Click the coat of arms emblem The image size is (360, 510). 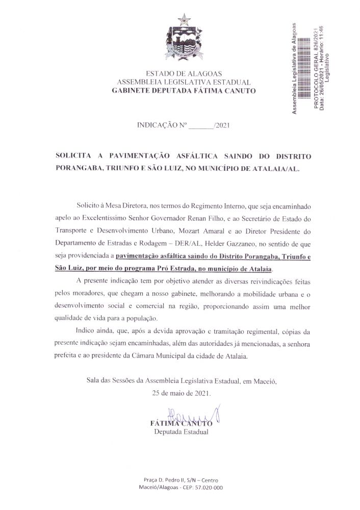pos(184,43)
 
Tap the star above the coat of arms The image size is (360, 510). pos(184,20)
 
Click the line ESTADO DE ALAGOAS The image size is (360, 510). pos(184,73)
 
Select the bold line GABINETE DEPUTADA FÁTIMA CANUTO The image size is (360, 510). pos(184,91)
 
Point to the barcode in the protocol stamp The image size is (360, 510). pos(304,69)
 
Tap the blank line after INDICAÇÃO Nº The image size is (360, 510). pos(202,125)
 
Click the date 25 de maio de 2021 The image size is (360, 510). pos(181,394)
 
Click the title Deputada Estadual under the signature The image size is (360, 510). pos(181,432)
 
